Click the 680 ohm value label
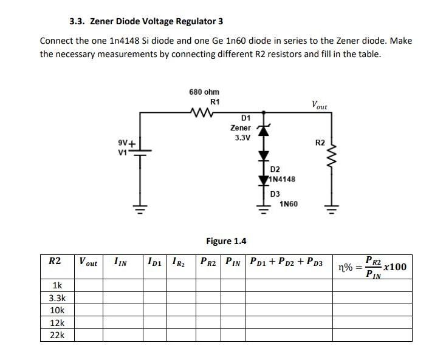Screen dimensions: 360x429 tap(204, 92)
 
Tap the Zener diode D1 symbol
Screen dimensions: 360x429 tap(263, 130)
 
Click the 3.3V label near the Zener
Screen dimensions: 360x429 tap(242, 138)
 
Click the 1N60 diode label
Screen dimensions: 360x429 tap(289, 204)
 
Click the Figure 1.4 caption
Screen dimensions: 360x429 tap(226, 241)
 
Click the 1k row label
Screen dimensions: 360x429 tap(57, 285)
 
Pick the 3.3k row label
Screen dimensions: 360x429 tap(57, 298)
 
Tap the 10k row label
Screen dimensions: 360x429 tap(57, 310)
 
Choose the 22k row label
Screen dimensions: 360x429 tap(57, 335)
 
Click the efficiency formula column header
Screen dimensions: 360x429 tap(372, 267)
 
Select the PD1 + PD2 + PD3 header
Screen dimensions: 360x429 tap(286, 263)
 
